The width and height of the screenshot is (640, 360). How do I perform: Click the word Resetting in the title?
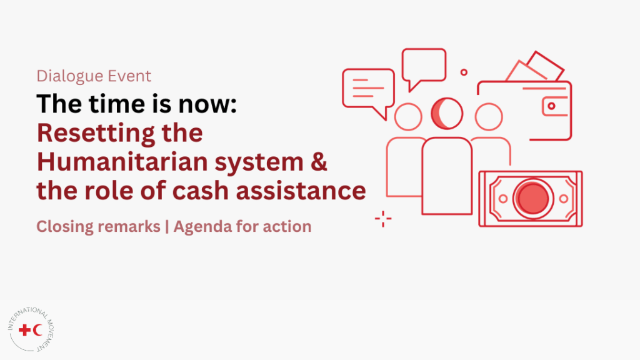pyautogui.click(x=96, y=134)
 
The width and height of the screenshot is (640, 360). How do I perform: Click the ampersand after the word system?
pyautogui.click(x=319, y=162)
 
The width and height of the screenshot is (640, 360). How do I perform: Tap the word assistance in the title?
pyautogui.click(x=301, y=191)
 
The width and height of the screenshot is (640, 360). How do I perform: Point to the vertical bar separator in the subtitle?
pyautogui.click(x=167, y=227)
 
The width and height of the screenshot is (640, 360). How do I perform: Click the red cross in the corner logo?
pyautogui.click(x=25, y=330)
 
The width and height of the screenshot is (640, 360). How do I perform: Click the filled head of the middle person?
pyautogui.click(x=447, y=114)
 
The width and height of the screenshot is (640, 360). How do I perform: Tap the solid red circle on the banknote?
pyautogui.click(x=532, y=198)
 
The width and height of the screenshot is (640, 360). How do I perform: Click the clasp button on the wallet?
pyautogui.click(x=551, y=106)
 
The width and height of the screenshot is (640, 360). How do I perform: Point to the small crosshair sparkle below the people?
pyautogui.click(x=383, y=219)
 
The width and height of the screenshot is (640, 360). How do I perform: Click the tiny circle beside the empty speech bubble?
pyautogui.click(x=464, y=72)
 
